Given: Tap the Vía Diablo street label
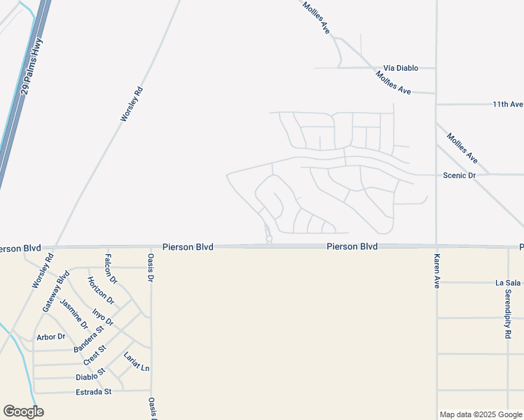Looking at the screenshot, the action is (401, 68).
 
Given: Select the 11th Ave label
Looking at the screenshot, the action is (507, 104).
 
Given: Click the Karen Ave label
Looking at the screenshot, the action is (436, 272).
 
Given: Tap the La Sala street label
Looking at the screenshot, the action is (508, 283).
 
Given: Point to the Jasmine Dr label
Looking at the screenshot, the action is (72, 314).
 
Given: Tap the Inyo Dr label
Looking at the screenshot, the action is (103, 316).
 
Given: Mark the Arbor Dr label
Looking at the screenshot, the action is (50, 337).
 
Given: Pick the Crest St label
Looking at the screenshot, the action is (95, 356).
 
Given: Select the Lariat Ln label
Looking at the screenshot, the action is (136, 363).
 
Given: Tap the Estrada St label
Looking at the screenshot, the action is (93, 392).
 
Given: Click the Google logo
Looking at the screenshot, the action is (23, 412).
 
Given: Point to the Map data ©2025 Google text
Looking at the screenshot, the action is (481, 414).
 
